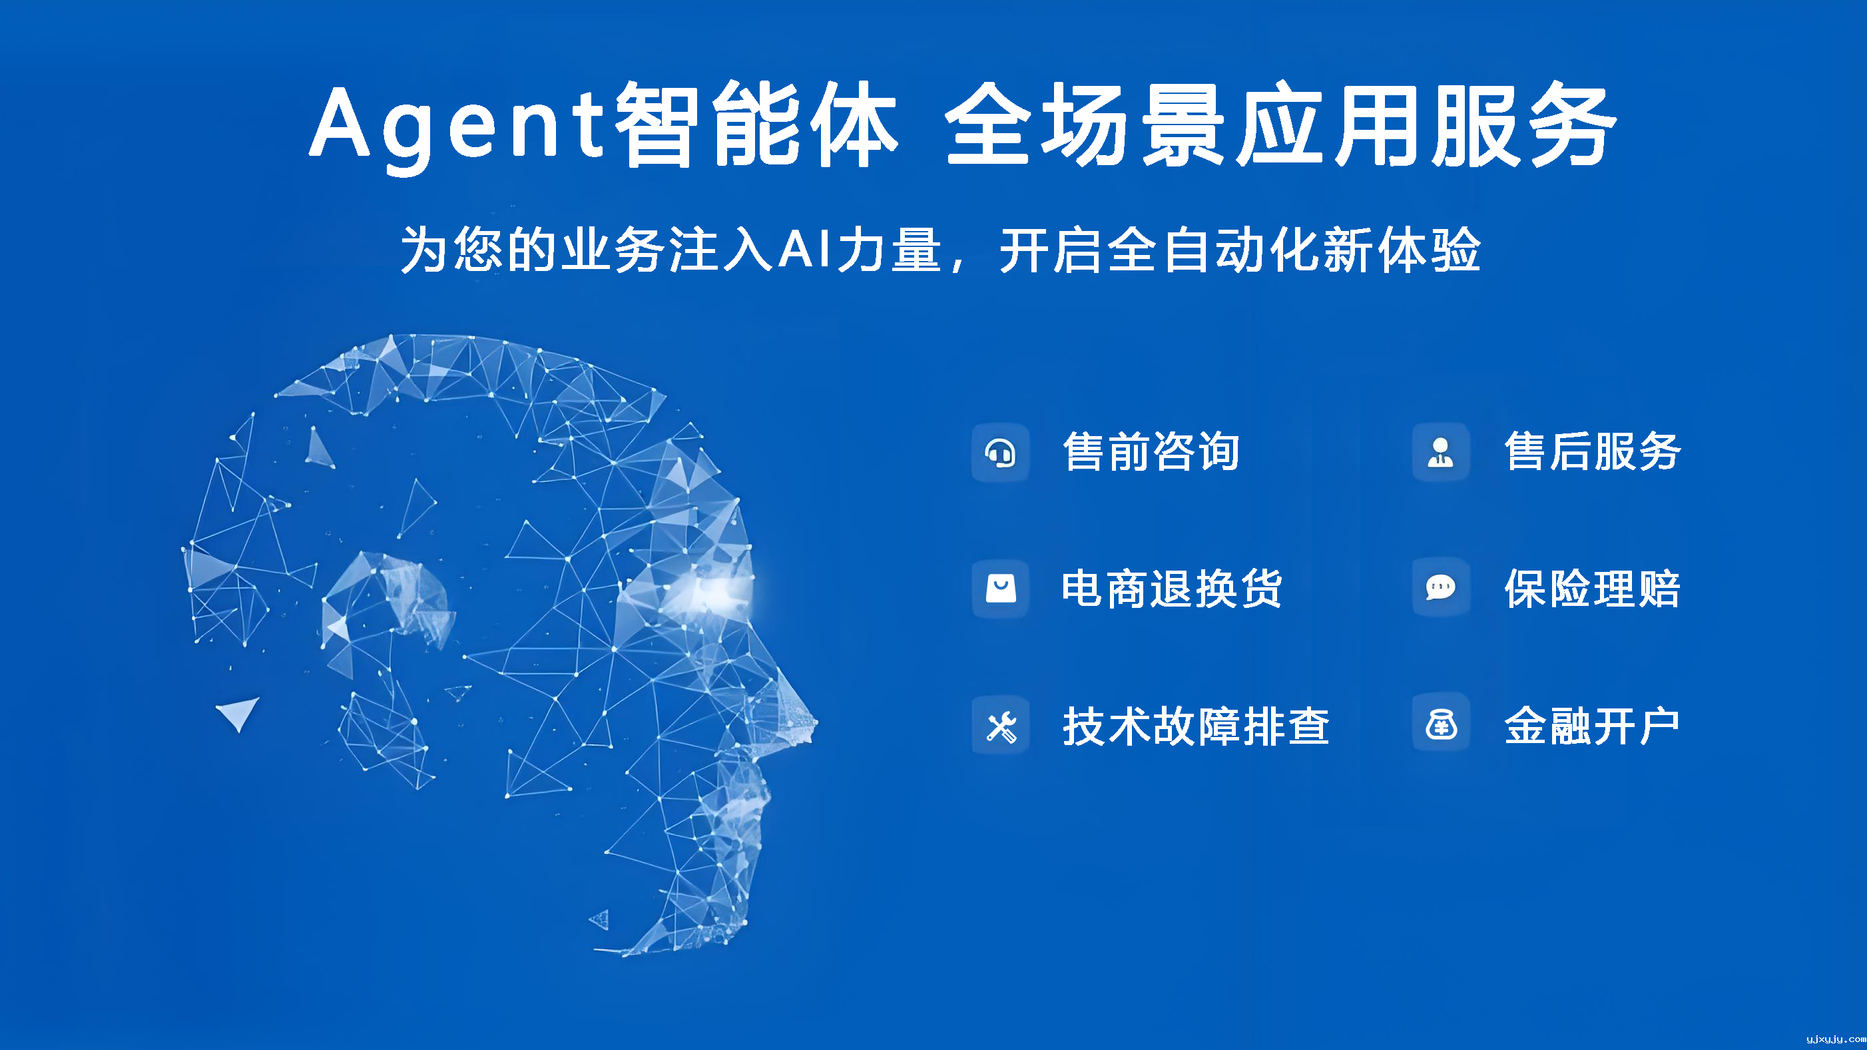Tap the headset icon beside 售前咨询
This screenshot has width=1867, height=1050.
click(1000, 453)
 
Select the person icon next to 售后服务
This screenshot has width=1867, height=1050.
click(1440, 452)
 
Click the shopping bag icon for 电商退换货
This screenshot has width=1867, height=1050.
click(1000, 589)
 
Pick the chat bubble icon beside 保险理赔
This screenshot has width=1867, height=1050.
click(1440, 587)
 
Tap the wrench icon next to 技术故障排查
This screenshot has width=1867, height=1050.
click(1001, 727)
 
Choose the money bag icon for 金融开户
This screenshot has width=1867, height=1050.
click(1441, 724)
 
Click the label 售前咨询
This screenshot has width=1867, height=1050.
click(1151, 451)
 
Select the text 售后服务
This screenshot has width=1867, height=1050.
click(1592, 451)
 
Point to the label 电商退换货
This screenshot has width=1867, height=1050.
click(1172, 589)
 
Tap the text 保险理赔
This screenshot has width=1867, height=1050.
click(1592, 589)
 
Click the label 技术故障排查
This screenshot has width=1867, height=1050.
click(1196, 726)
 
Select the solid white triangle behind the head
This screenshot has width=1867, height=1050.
click(238, 712)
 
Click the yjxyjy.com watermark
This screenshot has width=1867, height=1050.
click(1836, 1039)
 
